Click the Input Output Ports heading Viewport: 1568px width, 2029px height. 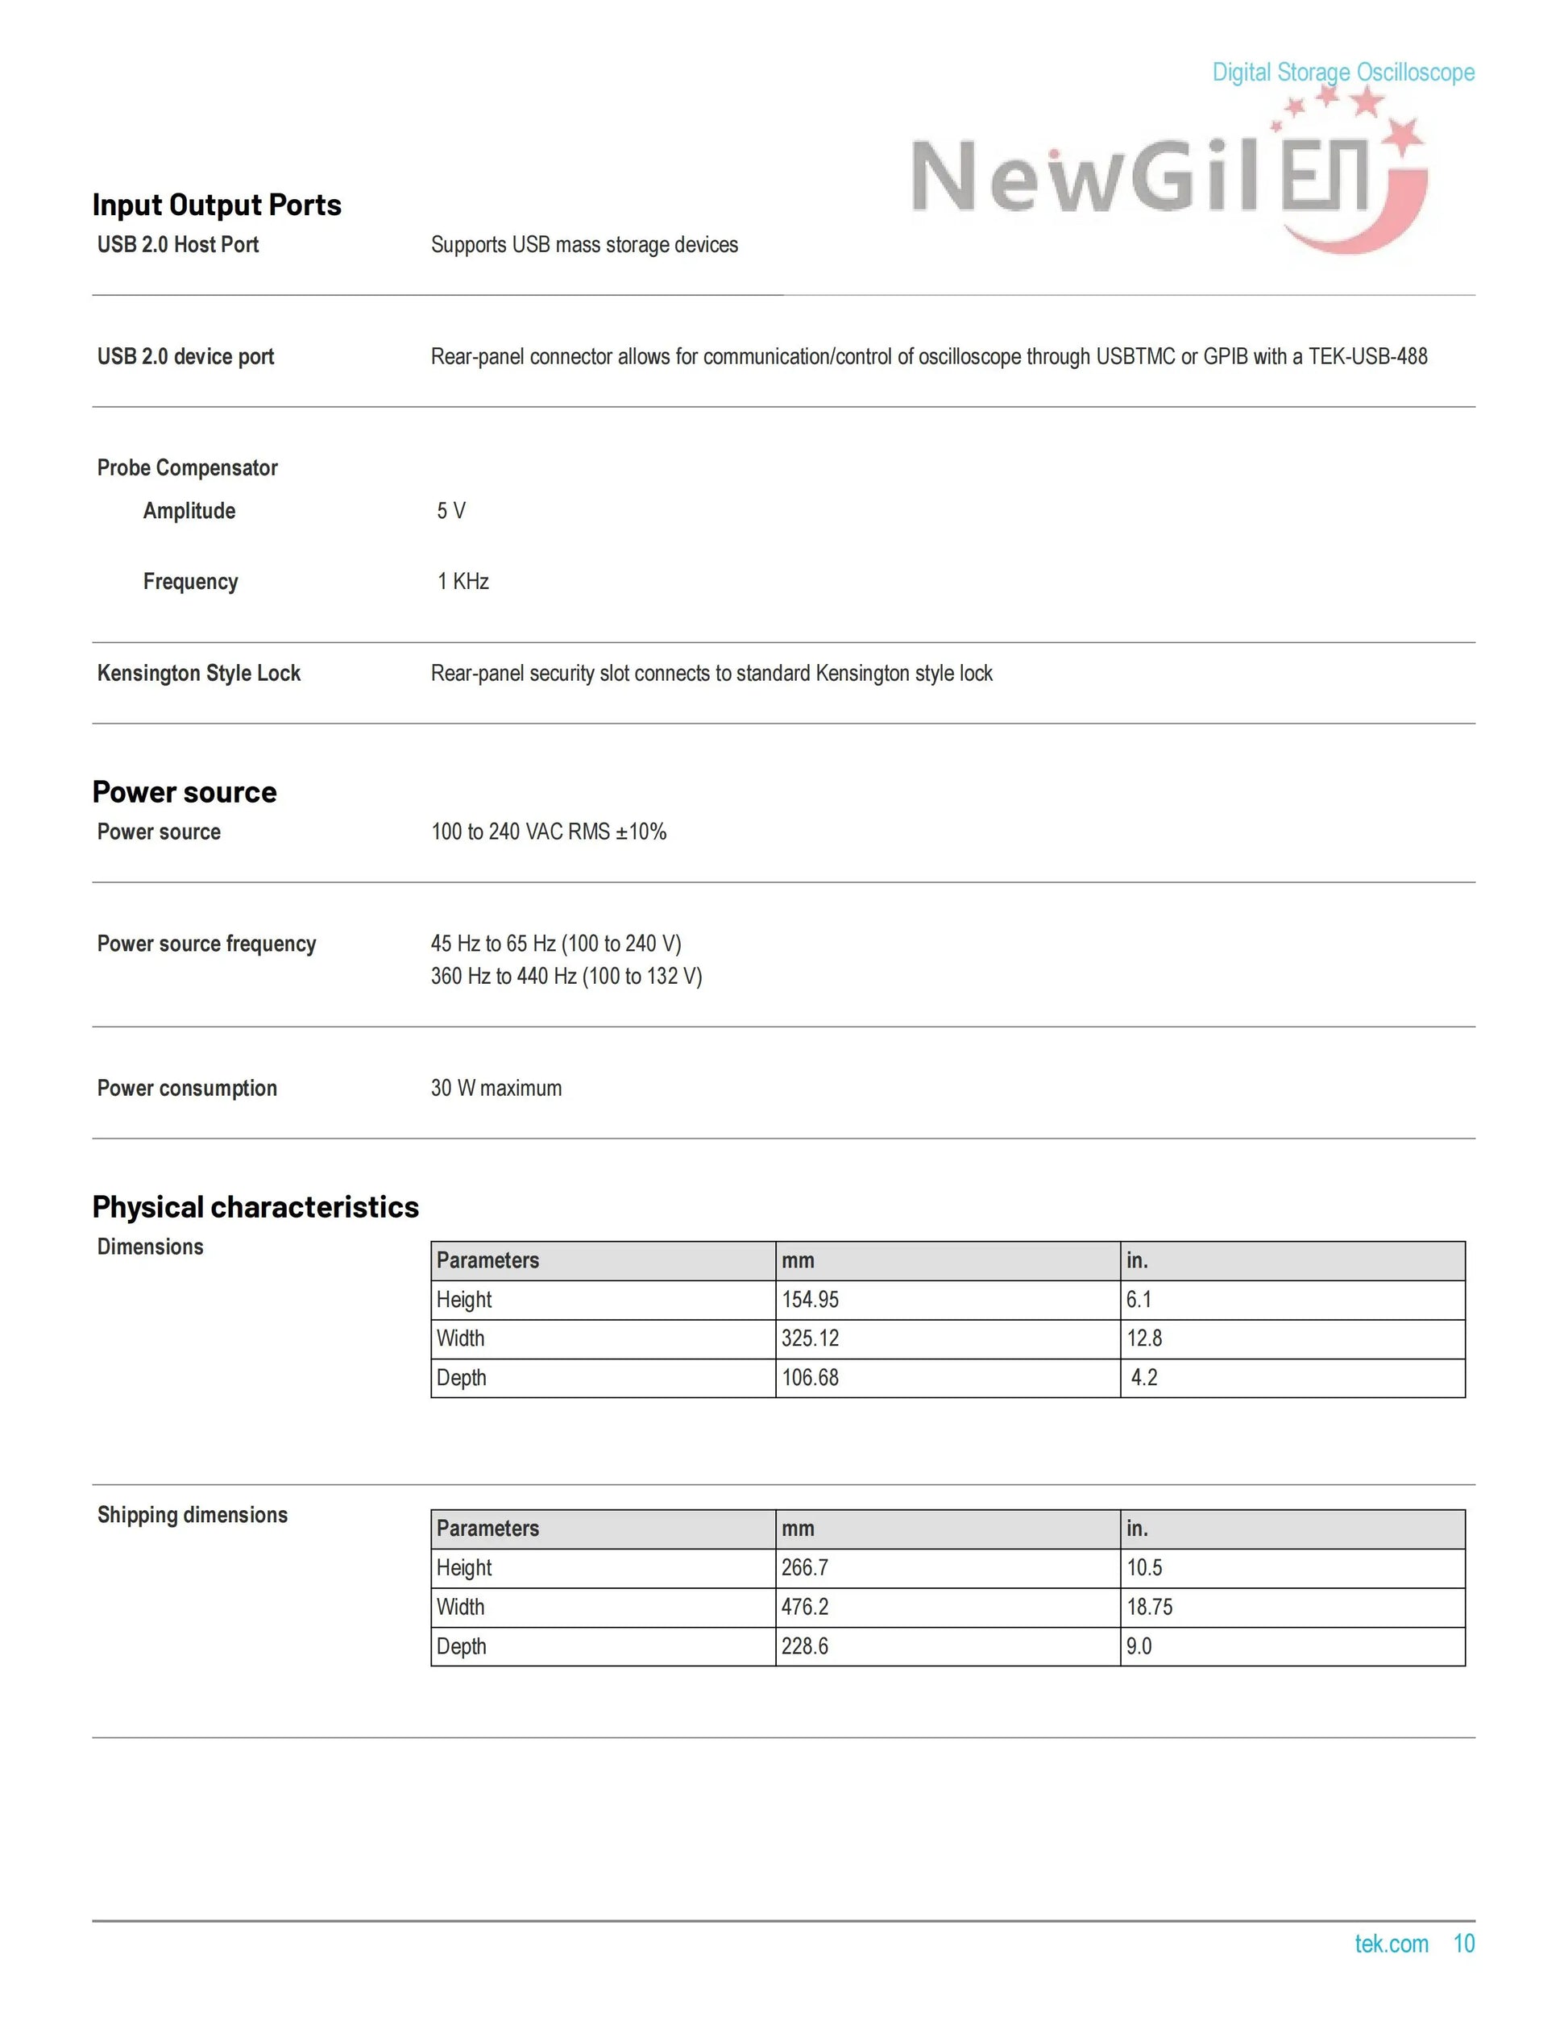tap(217, 205)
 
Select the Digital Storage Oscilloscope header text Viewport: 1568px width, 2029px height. tap(1342, 73)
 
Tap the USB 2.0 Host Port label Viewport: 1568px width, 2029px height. tap(177, 244)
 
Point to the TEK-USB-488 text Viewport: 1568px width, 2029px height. tap(1367, 357)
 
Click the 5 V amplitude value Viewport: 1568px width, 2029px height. tap(451, 511)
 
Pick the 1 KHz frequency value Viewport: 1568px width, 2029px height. tap(463, 582)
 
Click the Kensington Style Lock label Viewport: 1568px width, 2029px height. tap(199, 674)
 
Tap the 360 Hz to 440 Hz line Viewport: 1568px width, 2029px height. tap(566, 977)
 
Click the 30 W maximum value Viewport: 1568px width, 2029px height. tap(496, 1088)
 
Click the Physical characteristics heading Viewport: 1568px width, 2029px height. tap(255, 1207)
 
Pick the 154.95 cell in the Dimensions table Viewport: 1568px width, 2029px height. tap(810, 1300)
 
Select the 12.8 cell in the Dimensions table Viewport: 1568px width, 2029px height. tap(1144, 1338)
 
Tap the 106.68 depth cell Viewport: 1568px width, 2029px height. tap(810, 1378)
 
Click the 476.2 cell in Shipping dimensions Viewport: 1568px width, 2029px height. tap(804, 1608)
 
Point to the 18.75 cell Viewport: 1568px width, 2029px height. tap(1150, 1608)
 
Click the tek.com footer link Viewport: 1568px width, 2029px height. tap(1391, 1944)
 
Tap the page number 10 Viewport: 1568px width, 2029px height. tap(1464, 1944)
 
